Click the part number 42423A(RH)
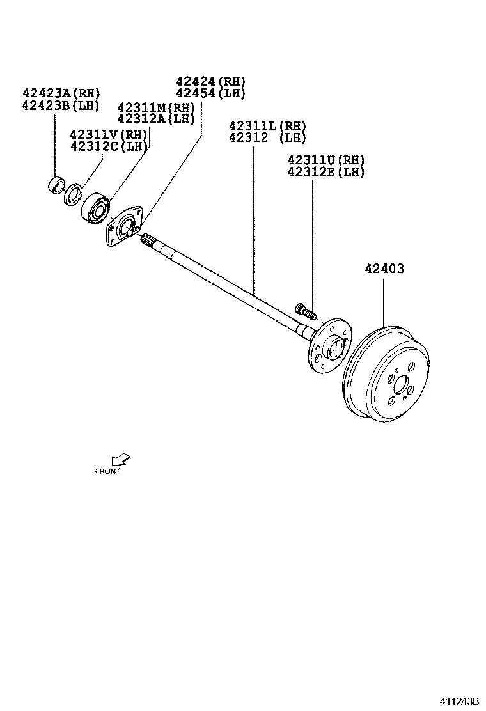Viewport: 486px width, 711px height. pyautogui.click(x=61, y=94)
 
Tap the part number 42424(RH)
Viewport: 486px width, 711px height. pyautogui.click(x=210, y=82)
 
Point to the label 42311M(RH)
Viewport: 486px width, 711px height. pyautogui.click(x=156, y=107)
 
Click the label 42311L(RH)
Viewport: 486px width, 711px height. pyautogui.click(x=267, y=126)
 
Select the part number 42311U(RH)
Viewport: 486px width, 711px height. pyautogui.click(x=325, y=160)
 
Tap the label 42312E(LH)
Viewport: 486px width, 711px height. pyautogui.click(x=325, y=171)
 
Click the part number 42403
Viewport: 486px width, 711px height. pyautogui.click(x=384, y=269)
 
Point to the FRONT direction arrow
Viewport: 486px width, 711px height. pyautogui.click(x=120, y=460)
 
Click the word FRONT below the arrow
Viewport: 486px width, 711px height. pyautogui.click(x=107, y=472)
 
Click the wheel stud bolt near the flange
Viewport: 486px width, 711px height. pyautogui.click(x=306, y=312)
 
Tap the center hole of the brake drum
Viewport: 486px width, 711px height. pyautogui.click(x=402, y=386)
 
